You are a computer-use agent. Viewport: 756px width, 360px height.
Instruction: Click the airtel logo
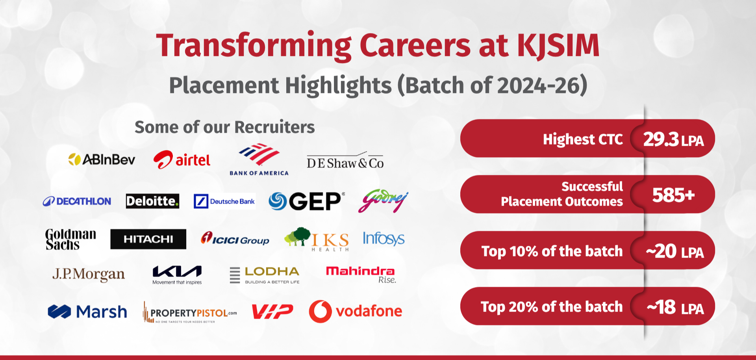[182, 160]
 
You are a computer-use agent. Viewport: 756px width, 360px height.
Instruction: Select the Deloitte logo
[152, 201]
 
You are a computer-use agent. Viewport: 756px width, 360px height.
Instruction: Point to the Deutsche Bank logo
[224, 201]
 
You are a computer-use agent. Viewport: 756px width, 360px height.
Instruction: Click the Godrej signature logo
[383, 200]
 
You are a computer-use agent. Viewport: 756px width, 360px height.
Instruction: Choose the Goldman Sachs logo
[70, 239]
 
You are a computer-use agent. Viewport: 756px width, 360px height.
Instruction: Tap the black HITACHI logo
[148, 239]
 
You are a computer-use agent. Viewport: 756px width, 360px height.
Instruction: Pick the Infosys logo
[384, 239]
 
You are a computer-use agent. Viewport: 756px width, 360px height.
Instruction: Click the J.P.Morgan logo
[89, 275]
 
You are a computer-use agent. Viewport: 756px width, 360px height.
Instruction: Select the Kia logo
[177, 275]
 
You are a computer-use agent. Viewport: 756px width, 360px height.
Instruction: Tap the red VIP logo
[272, 312]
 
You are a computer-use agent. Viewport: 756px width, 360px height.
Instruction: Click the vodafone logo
[356, 312]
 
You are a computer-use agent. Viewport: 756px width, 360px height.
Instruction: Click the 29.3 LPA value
[673, 139]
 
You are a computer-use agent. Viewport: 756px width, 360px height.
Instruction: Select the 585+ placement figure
[673, 195]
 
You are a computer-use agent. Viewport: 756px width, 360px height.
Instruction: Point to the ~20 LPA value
[674, 251]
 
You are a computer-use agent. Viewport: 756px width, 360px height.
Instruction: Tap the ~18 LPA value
[675, 307]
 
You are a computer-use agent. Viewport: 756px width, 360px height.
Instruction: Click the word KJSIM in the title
[558, 45]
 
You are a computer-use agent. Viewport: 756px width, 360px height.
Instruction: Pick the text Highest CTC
[583, 139]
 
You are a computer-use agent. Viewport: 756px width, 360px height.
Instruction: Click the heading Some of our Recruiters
[225, 127]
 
